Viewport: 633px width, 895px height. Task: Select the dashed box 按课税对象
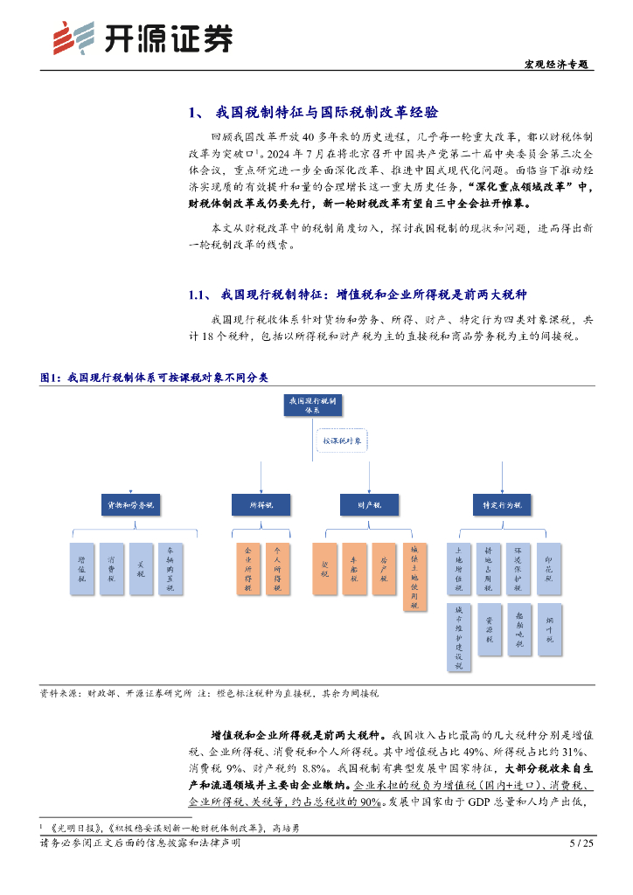click(341, 442)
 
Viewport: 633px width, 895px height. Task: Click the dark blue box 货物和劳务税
click(130, 505)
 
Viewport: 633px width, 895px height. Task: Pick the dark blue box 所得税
click(261, 505)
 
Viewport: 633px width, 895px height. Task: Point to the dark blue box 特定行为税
click(502, 505)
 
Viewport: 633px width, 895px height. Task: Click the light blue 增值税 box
click(81, 569)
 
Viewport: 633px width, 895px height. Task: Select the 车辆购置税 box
click(170, 569)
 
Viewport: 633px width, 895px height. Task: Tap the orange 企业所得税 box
click(247, 569)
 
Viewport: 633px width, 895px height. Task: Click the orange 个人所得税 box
click(277, 569)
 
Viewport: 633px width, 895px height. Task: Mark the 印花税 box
click(549, 569)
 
